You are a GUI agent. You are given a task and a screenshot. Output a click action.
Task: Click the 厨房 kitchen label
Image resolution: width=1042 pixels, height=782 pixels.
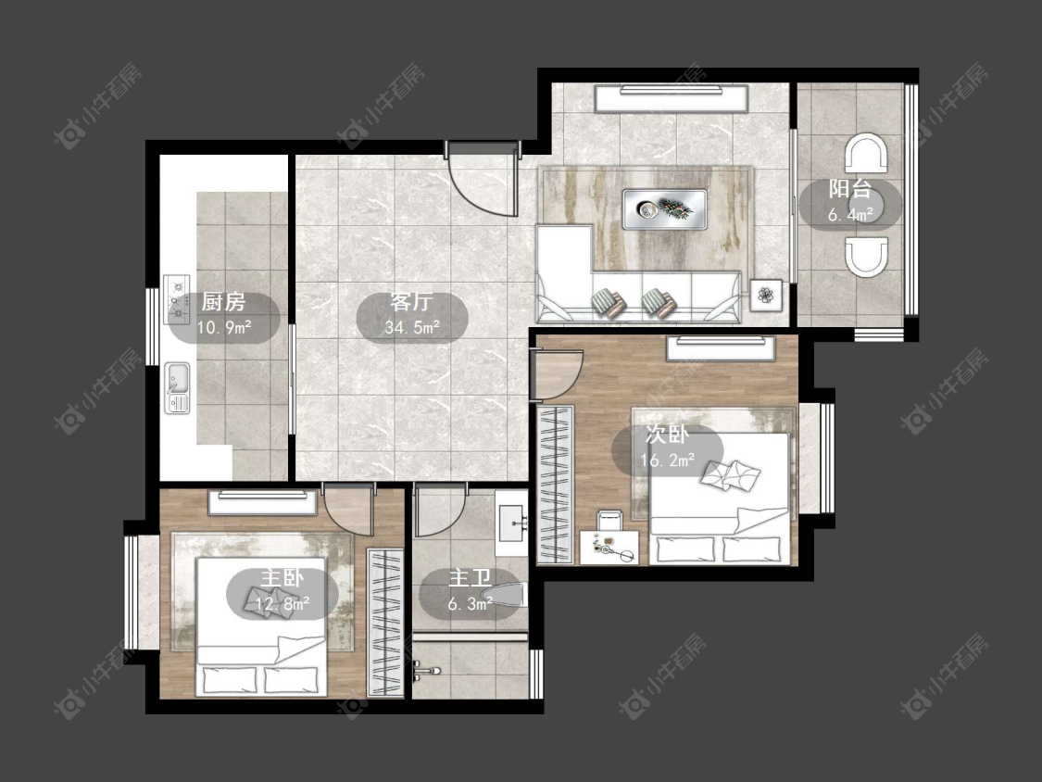point(223,302)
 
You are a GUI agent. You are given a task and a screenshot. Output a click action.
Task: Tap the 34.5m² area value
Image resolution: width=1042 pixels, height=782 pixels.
point(412,327)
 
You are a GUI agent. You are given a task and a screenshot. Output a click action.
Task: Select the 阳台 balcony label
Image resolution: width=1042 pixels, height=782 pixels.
point(850,189)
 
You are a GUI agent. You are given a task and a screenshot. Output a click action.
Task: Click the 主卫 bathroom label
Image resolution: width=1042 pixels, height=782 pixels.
point(471,578)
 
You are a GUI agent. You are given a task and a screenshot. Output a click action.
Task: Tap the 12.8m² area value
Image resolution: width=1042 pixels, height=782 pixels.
point(282,604)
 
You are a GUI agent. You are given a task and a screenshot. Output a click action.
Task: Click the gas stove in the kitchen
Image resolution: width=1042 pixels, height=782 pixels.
point(177,299)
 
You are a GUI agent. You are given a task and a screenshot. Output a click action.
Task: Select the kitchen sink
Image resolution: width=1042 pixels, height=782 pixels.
point(177,387)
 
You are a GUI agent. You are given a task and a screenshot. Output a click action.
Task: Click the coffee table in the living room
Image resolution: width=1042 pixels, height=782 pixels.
point(664,209)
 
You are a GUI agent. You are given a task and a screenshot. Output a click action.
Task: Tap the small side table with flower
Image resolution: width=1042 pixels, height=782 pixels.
point(766,295)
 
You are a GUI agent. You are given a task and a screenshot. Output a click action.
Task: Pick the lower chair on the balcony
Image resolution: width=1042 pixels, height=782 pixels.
point(866,257)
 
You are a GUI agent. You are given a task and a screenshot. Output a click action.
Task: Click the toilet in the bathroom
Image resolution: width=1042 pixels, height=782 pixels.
point(506,596)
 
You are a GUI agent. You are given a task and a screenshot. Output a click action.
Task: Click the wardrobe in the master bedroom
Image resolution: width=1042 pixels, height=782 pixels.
point(385,623)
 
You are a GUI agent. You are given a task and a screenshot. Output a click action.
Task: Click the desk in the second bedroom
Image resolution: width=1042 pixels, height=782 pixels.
point(609,548)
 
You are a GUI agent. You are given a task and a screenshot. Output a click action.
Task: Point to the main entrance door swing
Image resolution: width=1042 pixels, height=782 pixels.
point(482,180)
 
